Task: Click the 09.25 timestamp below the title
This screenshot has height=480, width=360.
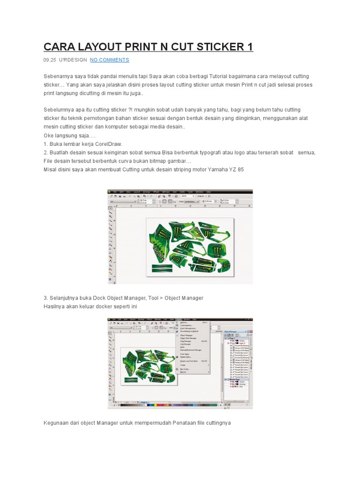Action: [x=50, y=60]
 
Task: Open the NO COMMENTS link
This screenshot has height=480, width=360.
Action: [x=109, y=60]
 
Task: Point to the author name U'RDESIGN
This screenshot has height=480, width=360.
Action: [x=73, y=60]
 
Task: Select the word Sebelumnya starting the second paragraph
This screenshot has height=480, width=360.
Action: [x=59, y=110]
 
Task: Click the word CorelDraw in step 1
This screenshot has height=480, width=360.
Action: [x=109, y=144]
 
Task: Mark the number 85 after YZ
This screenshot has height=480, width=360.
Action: [x=240, y=169]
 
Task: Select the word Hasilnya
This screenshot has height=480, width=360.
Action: [x=55, y=306]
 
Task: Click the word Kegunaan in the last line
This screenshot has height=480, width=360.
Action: [x=57, y=423]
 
